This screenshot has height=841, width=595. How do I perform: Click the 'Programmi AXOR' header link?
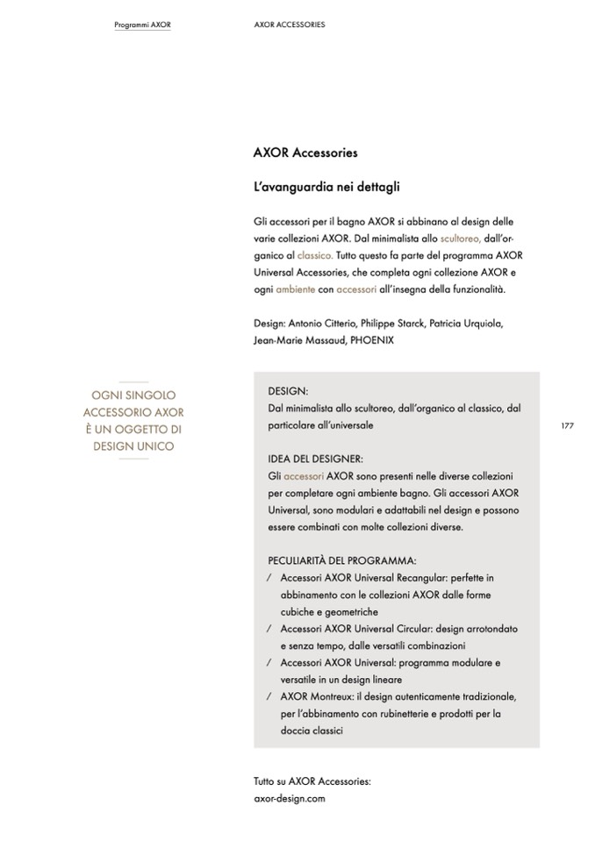click(x=142, y=25)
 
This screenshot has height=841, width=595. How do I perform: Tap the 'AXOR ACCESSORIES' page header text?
click(x=289, y=25)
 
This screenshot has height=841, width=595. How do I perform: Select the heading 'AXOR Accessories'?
click(x=305, y=153)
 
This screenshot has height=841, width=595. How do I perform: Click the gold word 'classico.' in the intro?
click(x=315, y=255)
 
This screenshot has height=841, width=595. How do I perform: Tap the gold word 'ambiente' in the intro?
click(x=295, y=289)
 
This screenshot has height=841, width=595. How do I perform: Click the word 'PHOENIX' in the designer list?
click(x=372, y=339)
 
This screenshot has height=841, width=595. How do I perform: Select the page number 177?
click(x=567, y=425)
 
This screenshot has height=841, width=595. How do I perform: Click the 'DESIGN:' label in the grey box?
click(x=288, y=392)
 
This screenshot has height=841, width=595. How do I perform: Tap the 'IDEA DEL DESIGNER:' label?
click(x=315, y=460)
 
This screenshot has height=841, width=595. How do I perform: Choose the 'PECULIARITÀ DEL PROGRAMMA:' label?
click(x=341, y=560)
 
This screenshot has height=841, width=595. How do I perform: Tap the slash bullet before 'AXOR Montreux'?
click(x=268, y=696)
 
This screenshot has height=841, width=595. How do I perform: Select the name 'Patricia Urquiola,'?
click(x=466, y=323)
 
